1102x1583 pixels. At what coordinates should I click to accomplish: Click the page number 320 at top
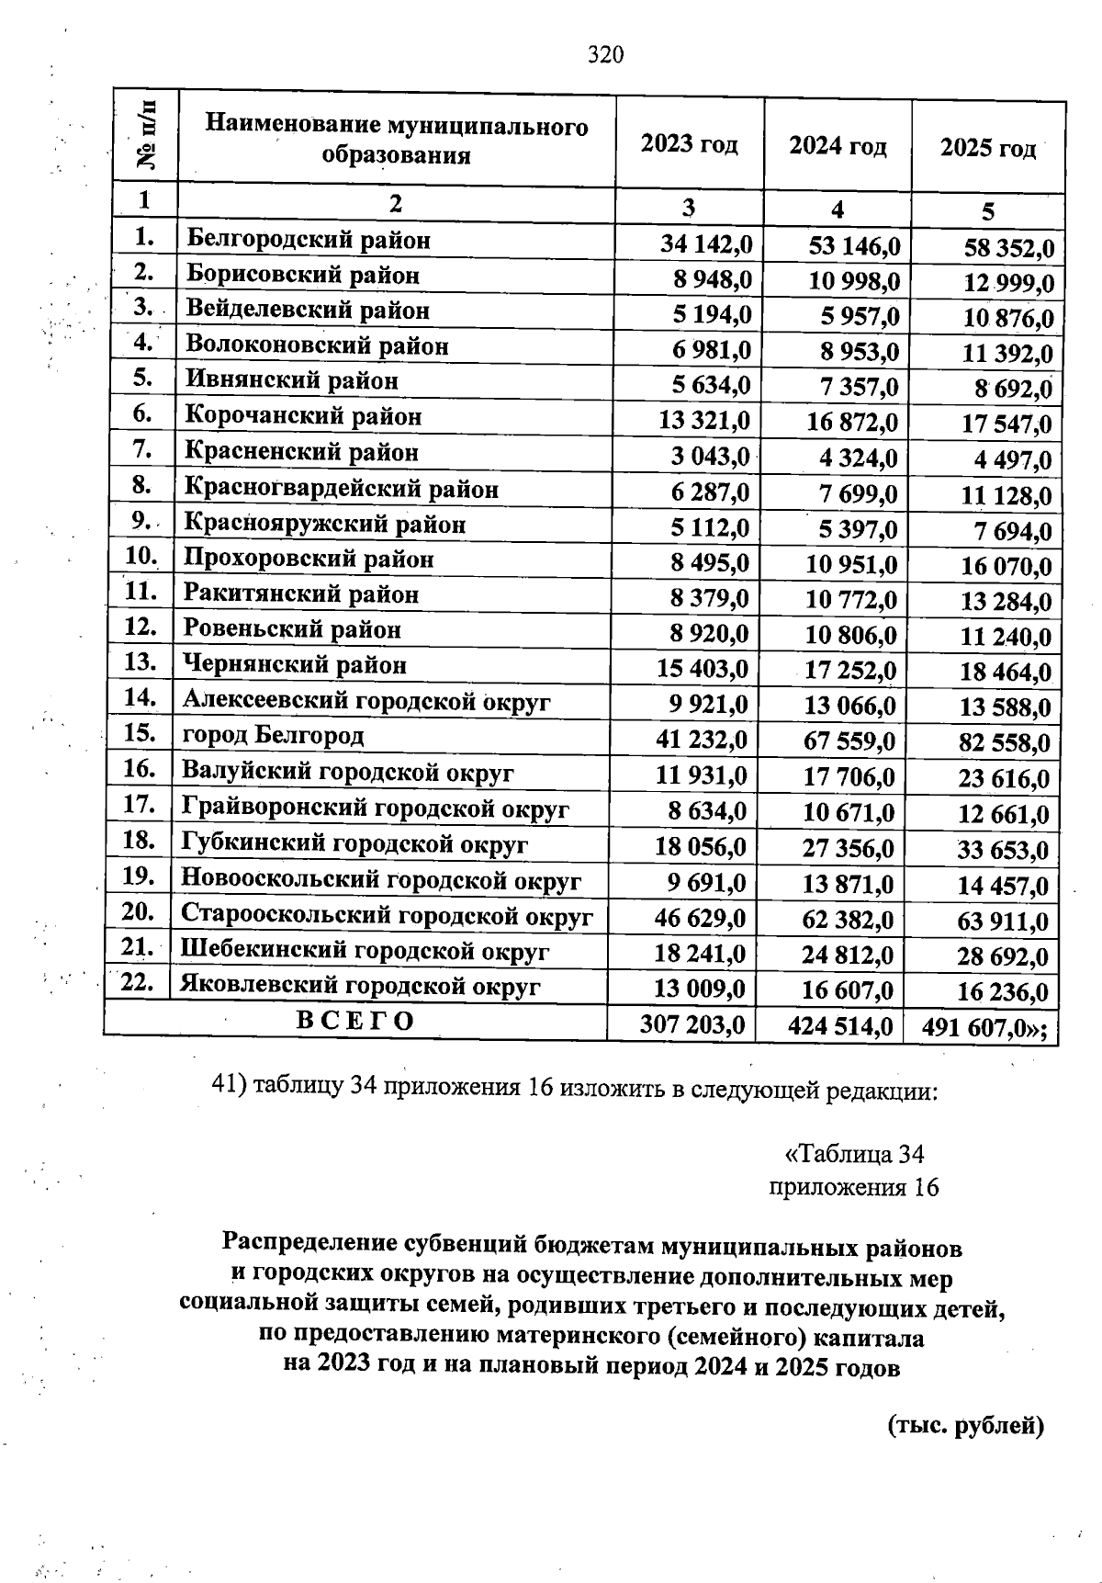(x=605, y=56)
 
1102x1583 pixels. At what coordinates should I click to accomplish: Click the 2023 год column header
(x=689, y=144)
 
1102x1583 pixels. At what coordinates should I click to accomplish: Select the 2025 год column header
(x=987, y=148)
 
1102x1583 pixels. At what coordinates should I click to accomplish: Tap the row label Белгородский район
(x=309, y=241)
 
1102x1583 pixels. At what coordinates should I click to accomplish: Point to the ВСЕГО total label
(x=355, y=1022)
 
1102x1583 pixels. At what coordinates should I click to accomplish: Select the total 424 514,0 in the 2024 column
(x=840, y=1025)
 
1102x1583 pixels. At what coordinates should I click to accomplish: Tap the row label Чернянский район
(x=294, y=664)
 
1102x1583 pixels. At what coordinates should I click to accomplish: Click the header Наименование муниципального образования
(x=396, y=140)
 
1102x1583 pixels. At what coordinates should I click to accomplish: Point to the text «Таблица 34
(x=854, y=1153)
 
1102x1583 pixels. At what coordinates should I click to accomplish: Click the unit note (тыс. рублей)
(x=966, y=1426)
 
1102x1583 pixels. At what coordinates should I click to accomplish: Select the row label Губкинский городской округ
(x=354, y=843)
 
